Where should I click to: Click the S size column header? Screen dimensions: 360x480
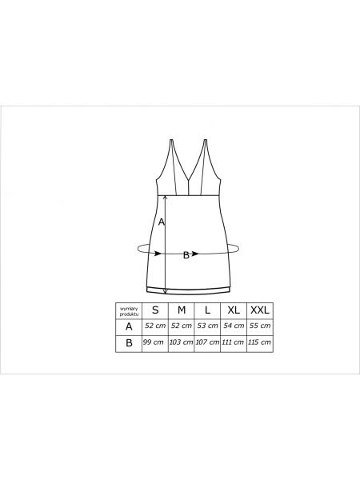point(155,310)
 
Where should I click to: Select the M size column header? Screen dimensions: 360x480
point(182,310)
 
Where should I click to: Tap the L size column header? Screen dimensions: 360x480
point(207,310)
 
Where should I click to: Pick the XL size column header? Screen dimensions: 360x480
point(234,310)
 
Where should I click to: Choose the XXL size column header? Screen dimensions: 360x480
point(260,310)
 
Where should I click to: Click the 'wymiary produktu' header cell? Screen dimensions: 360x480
point(129,311)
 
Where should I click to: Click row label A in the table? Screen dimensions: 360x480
point(129,326)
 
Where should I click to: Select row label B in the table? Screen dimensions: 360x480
point(129,343)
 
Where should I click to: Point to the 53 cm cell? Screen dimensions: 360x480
point(207,326)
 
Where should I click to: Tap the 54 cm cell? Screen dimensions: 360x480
point(234,326)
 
